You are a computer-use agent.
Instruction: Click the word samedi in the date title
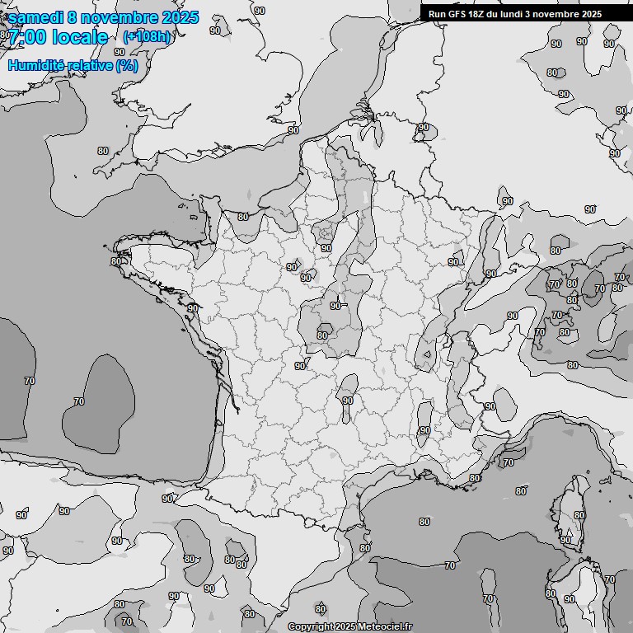[36, 17]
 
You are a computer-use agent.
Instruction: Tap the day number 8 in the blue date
[73, 17]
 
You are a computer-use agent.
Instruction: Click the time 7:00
[27, 37]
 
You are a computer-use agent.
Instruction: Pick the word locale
[80, 37]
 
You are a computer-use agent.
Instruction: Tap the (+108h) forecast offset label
[147, 37]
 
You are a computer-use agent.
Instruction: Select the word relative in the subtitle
[88, 65]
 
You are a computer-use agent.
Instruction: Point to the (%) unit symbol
[127, 65]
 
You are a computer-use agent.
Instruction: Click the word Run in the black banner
[437, 14]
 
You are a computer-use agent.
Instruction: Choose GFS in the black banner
[456, 14]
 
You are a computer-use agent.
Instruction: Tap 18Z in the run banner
[476, 14]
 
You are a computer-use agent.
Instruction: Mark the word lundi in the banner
[511, 14]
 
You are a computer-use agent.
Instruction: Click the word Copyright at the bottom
[310, 627]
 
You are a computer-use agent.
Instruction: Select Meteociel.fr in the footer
[386, 627]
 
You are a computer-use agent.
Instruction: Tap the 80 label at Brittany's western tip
[115, 261]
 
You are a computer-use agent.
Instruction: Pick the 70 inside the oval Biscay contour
[79, 401]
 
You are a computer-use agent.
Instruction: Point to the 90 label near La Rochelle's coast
[193, 308]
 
